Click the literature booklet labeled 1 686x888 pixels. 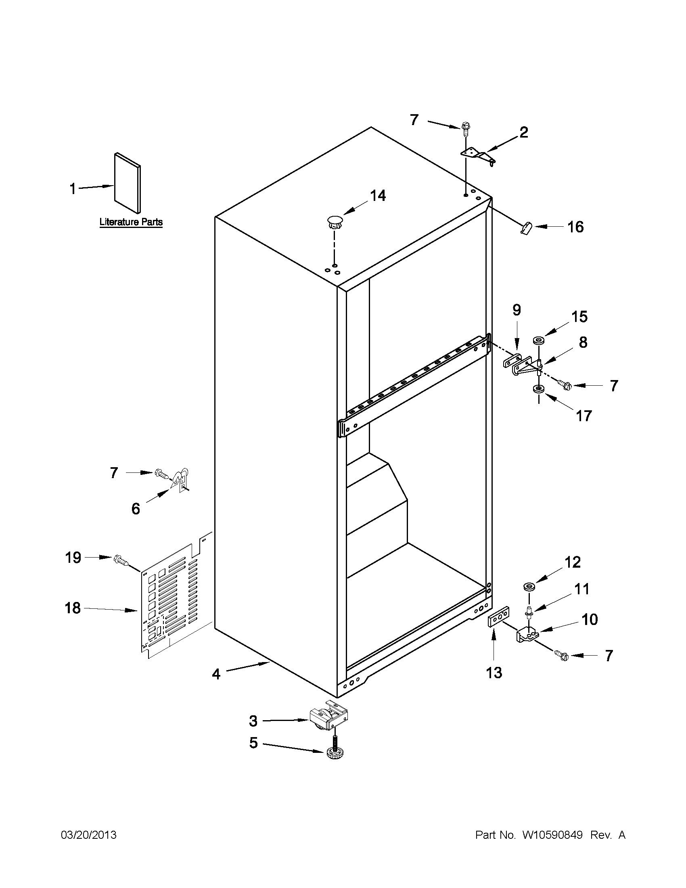click(x=127, y=183)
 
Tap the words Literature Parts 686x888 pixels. click(x=131, y=222)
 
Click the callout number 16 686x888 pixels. click(x=575, y=227)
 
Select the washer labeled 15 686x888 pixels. click(x=539, y=340)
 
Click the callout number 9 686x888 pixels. click(x=516, y=310)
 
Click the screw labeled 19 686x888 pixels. click(x=121, y=560)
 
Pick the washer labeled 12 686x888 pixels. click(x=529, y=586)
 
